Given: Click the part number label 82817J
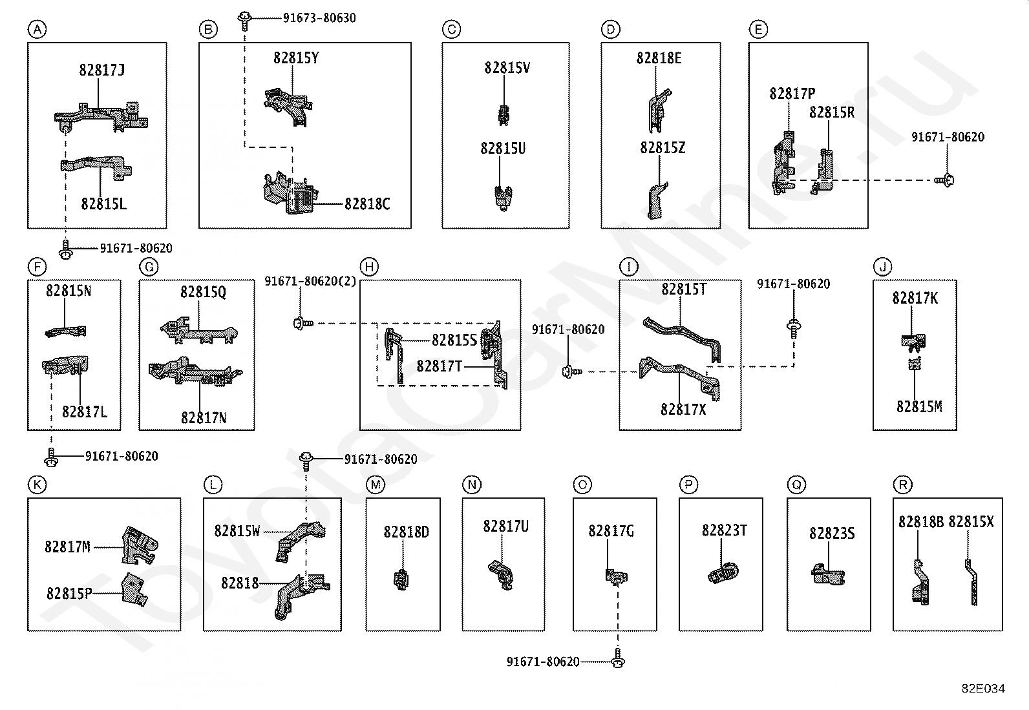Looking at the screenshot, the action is (x=101, y=70).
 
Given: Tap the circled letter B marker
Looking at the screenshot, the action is (x=208, y=30).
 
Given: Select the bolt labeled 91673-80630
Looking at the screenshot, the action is (x=244, y=21).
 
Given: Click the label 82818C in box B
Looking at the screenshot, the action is (x=367, y=204).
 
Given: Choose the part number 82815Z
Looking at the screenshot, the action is (x=663, y=147).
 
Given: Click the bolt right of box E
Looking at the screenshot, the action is (x=944, y=180).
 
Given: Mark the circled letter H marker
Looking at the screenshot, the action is (x=369, y=267).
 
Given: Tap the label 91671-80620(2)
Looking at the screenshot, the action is (x=310, y=281).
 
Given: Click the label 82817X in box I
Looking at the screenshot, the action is (x=683, y=409).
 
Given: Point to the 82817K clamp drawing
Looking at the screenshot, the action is (x=913, y=340).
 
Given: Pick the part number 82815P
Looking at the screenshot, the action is (x=69, y=593).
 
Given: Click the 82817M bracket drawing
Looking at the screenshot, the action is (x=140, y=545).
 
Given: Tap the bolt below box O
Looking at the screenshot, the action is (x=619, y=658).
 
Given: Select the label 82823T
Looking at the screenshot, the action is (x=725, y=530).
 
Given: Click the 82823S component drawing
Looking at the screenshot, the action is (x=828, y=574).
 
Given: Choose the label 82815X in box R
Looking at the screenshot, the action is (x=971, y=522).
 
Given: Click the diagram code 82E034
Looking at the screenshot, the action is (x=983, y=689).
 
